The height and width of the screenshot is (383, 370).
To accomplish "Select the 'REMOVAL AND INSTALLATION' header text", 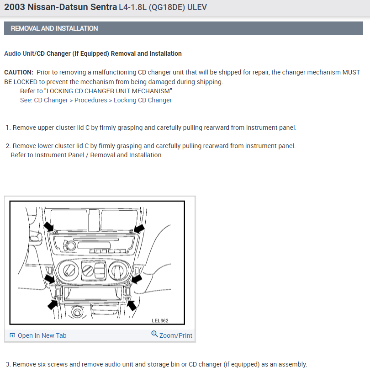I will click(54, 28).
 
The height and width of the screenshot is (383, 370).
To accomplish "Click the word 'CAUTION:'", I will click(19, 72).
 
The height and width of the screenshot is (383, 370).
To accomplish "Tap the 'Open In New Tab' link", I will click(42, 335).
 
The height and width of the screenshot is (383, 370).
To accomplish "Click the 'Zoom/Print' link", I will click(175, 335).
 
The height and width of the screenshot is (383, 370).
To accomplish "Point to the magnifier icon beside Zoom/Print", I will click(154, 335).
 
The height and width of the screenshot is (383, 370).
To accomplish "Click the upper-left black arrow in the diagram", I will click(48, 226).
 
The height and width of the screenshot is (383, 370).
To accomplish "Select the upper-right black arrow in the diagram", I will click(139, 227).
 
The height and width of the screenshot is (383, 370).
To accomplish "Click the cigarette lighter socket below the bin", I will click(77, 314).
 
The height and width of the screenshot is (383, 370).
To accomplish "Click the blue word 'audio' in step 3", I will click(112, 364).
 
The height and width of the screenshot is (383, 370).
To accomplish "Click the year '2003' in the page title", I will click(15, 8).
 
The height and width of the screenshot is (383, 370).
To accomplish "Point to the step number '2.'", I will click(8, 146).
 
